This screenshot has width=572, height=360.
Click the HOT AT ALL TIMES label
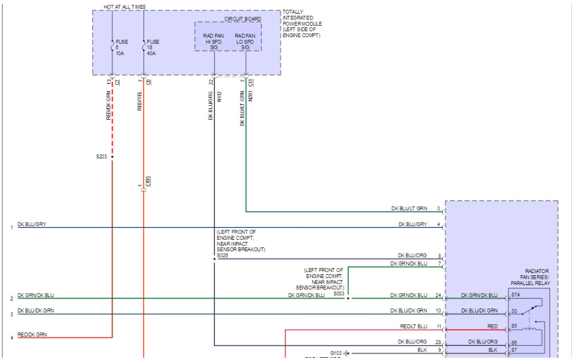(124, 7)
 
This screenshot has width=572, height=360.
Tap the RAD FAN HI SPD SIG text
(214, 41)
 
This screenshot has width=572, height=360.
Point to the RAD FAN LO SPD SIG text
(245, 41)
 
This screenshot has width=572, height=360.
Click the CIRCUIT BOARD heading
(243, 19)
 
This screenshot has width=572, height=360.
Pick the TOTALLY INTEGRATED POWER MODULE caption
(302, 23)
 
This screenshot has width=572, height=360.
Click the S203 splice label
(102, 156)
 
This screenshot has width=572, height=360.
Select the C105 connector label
(148, 182)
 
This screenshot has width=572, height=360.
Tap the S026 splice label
(223, 255)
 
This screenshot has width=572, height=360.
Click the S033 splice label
(339, 293)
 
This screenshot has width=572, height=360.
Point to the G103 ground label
(336, 353)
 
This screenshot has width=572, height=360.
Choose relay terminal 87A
(516, 295)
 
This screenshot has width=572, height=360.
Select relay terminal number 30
(515, 311)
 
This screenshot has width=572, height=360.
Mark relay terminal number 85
(515, 327)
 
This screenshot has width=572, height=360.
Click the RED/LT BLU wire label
(414, 326)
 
